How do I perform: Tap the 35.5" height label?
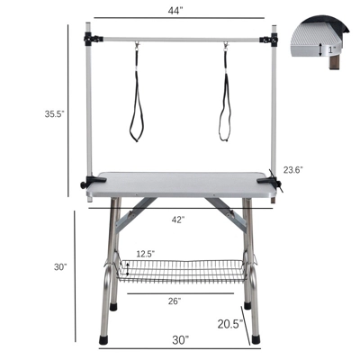pos(31,114)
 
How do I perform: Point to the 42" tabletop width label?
pos(179,220)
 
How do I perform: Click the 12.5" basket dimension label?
pos(145,255)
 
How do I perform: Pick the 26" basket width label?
pos(175,301)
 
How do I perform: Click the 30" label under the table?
pos(181,340)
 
